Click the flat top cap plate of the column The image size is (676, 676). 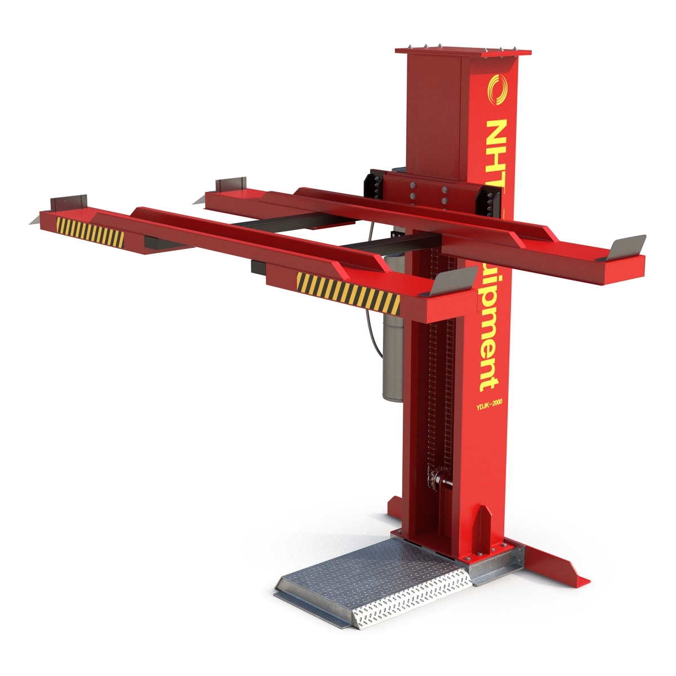[x=464, y=51]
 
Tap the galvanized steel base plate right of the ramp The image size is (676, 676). [x=496, y=566]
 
